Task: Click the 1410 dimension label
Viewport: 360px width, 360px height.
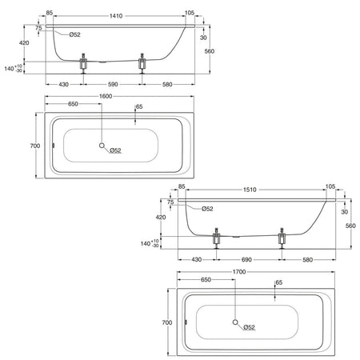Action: (x=116, y=16)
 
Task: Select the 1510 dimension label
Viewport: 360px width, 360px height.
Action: (x=250, y=190)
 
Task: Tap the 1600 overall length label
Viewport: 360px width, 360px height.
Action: (x=106, y=96)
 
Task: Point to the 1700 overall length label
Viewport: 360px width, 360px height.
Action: (x=239, y=272)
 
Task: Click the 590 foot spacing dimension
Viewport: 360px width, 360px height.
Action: (x=113, y=84)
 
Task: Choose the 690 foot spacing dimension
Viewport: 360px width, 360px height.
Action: (x=246, y=259)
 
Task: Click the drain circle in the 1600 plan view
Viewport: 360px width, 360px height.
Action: (x=102, y=146)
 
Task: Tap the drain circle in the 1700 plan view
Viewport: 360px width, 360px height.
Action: (x=235, y=322)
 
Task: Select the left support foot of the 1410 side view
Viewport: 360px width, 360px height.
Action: (x=84, y=63)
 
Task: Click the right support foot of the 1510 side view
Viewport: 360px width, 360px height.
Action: (x=282, y=238)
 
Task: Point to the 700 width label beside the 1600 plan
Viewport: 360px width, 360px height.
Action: (x=35, y=146)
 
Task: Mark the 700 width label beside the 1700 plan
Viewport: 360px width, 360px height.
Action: (x=167, y=322)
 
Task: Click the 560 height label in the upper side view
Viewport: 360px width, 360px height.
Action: (x=210, y=51)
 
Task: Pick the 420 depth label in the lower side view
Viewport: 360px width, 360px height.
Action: (x=161, y=218)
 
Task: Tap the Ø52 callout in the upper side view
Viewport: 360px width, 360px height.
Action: (x=74, y=34)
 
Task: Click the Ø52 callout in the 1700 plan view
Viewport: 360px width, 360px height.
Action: (x=249, y=327)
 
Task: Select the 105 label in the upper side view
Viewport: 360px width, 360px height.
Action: (x=190, y=13)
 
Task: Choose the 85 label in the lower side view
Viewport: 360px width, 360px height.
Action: (x=182, y=186)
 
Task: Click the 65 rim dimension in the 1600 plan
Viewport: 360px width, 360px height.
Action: (x=139, y=106)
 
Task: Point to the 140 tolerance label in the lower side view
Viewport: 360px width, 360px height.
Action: (x=150, y=243)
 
